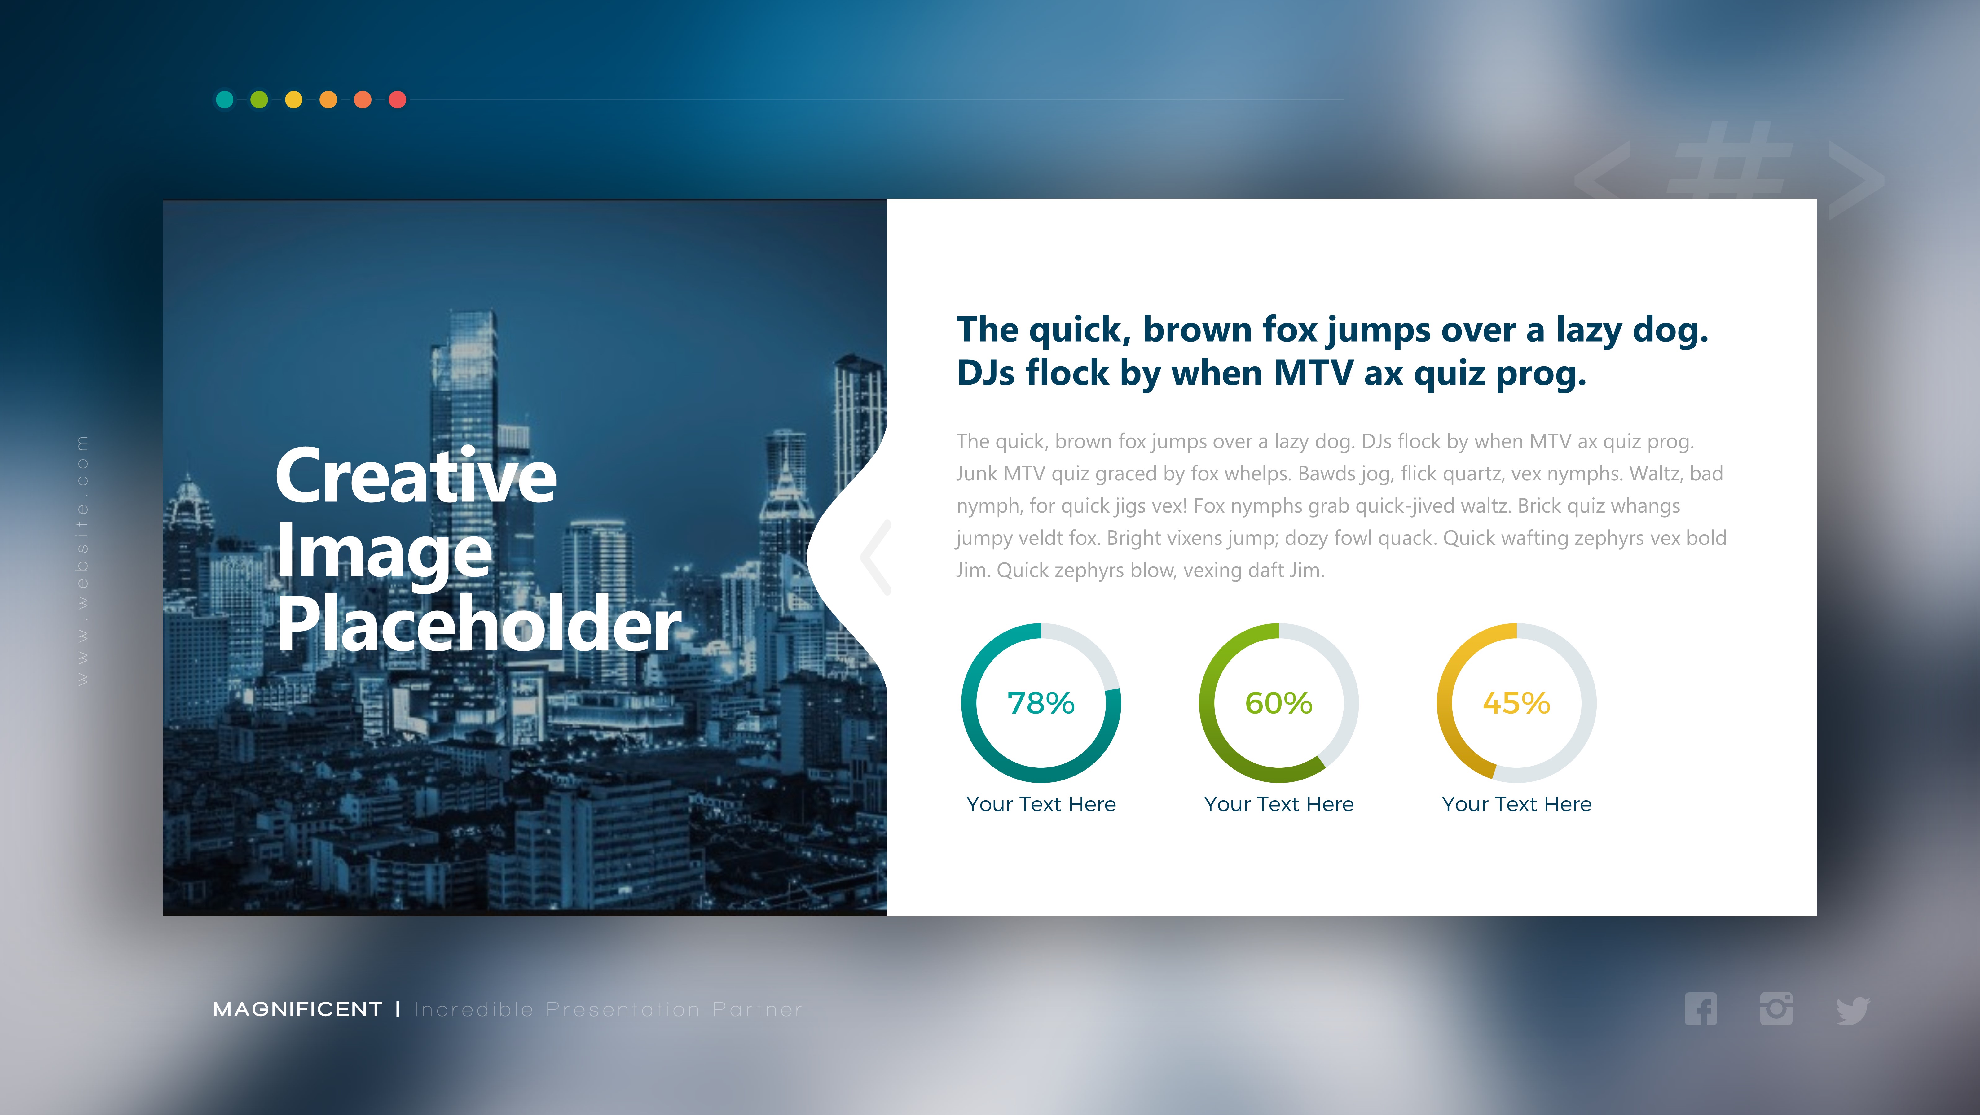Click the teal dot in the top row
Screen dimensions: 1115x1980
[x=224, y=99]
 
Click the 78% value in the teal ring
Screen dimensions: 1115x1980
[x=1041, y=703]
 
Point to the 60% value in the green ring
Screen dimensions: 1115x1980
[x=1278, y=703]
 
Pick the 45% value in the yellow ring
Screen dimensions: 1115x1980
[x=1516, y=703]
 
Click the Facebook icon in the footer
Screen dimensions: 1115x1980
[x=1700, y=1009]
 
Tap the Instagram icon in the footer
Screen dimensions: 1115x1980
[x=1775, y=1009]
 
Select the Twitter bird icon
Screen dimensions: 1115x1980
[x=1852, y=1011]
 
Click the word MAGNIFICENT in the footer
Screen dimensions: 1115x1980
[x=297, y=1009]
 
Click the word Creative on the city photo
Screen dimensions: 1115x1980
[x=416, y=476]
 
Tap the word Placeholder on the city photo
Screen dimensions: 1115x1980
[x=479, y=624]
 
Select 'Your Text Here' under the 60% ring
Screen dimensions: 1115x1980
[x=1278, y=804]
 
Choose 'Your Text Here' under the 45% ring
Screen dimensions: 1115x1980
[x=1516, y=804]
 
